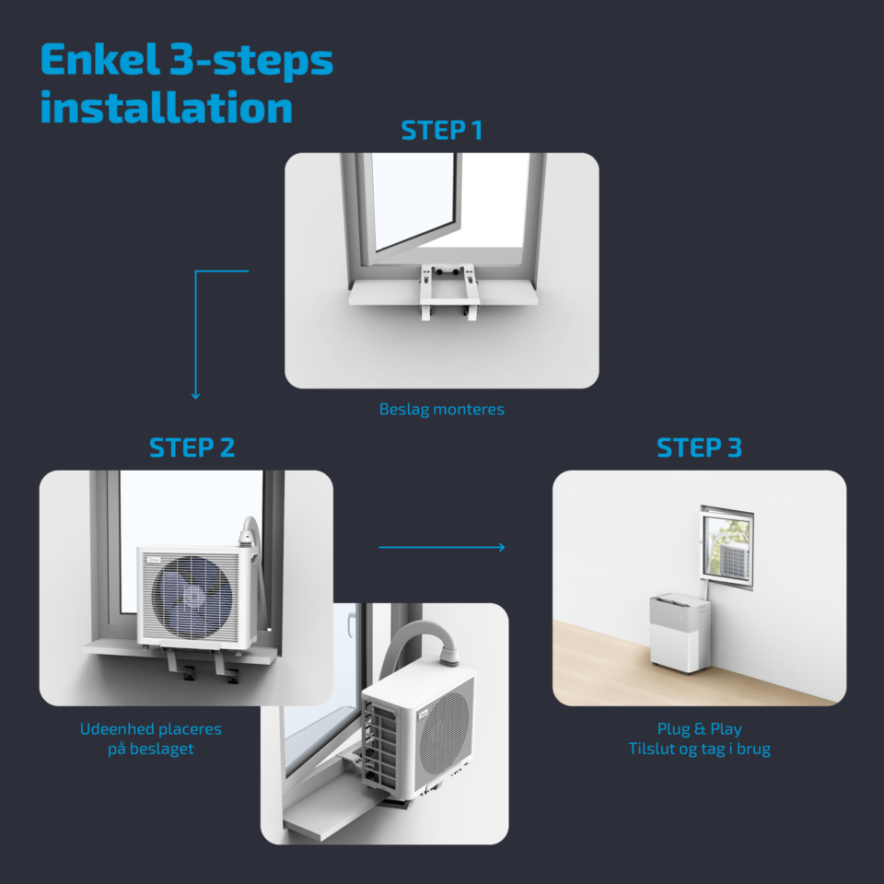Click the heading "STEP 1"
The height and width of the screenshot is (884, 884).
pos(441,130)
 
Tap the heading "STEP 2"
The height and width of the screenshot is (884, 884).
pos(192,448)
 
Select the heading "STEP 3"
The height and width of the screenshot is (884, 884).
pos(699,448)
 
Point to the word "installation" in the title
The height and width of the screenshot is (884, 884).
pos(167,107)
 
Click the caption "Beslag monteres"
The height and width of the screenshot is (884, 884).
pos(441,409)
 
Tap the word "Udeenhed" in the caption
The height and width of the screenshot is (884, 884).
pos(114,729)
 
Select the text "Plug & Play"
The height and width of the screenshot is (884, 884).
pos(699,729)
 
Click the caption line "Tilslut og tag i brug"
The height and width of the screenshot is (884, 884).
pos(699,750)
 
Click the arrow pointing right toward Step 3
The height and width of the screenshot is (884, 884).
pos(441,547)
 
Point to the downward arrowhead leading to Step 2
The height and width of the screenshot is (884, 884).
pos(195,396)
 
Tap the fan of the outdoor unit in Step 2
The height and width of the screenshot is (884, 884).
pos(192,597)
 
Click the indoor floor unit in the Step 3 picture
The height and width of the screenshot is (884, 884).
pos(680,633)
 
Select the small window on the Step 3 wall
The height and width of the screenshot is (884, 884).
pos(727,547)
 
